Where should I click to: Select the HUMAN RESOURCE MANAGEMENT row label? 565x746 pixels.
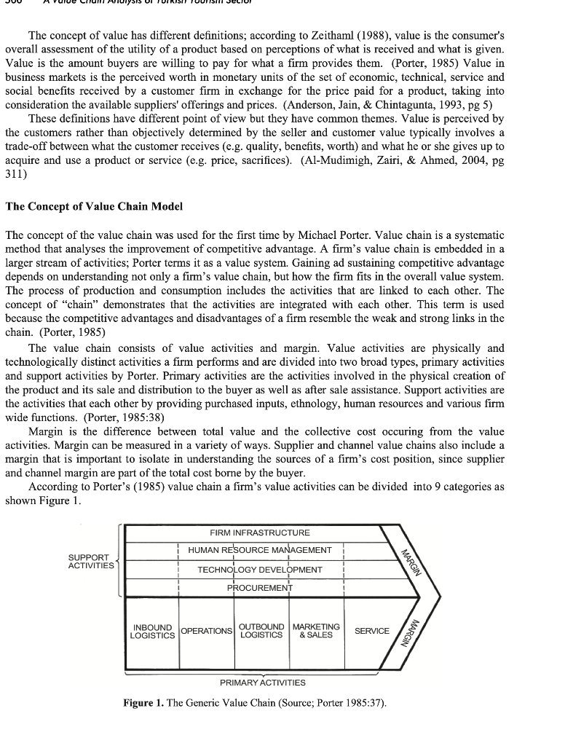click(260, 550)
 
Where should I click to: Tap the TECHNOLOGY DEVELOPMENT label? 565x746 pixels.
click(260, 569)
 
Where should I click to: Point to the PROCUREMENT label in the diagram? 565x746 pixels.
click(260, 587)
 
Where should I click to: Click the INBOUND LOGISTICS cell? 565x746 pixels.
click(152, 631)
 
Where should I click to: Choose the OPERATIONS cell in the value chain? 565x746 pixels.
click(206, 631)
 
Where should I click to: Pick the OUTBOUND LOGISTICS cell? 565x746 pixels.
click(261, 631)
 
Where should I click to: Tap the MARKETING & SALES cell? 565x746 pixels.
click(315, 631)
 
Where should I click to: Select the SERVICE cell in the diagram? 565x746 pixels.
click(371, 631)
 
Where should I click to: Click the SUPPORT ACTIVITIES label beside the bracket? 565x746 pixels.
click(91, 561)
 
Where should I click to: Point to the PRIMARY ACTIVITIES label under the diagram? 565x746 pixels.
click(263, 683)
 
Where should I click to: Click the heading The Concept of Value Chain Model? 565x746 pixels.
click(94, 206)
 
